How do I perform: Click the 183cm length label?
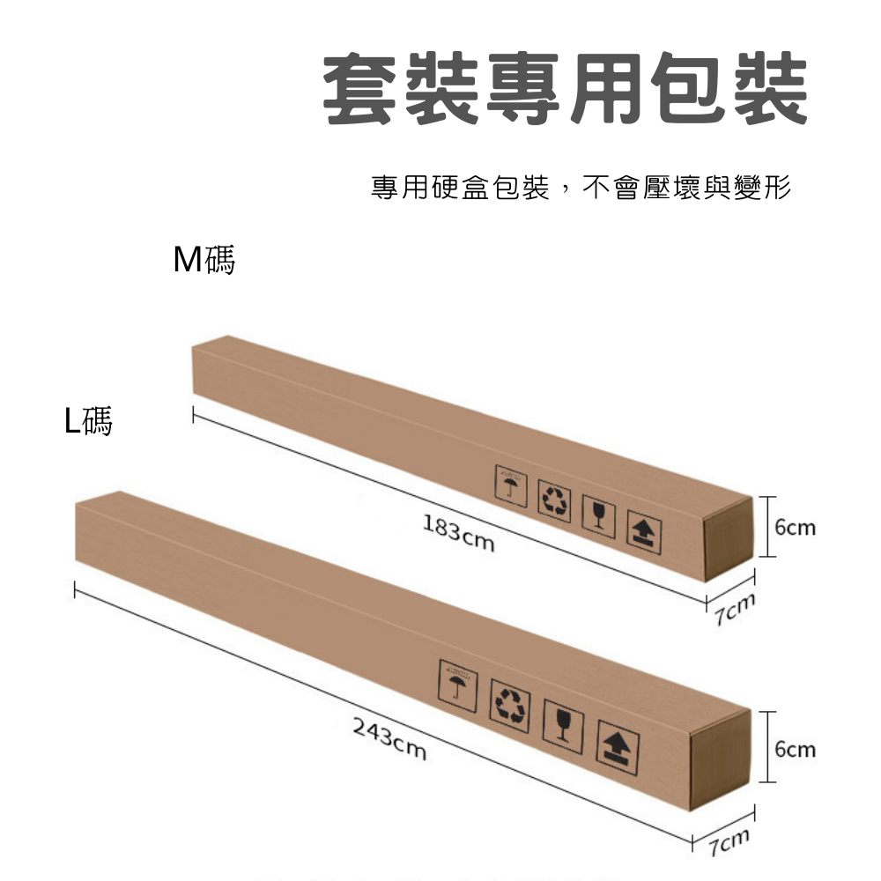pyautogui.click(x=458, y=534)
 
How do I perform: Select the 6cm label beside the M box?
pyautogui.click(x=796, y=528)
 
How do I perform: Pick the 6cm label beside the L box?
pyautogui.click(x=796, y=750)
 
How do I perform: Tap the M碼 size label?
pyautogui.click(x=204, y=260)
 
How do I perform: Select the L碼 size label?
pyautogui.click(x=88, y=422)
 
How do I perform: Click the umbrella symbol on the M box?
pyautogui.click(x=511, y=486)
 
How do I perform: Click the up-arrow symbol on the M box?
pyautogui.click(x=644, y=532)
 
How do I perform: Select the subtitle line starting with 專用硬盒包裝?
pyautogui.click(x=581, y=187)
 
